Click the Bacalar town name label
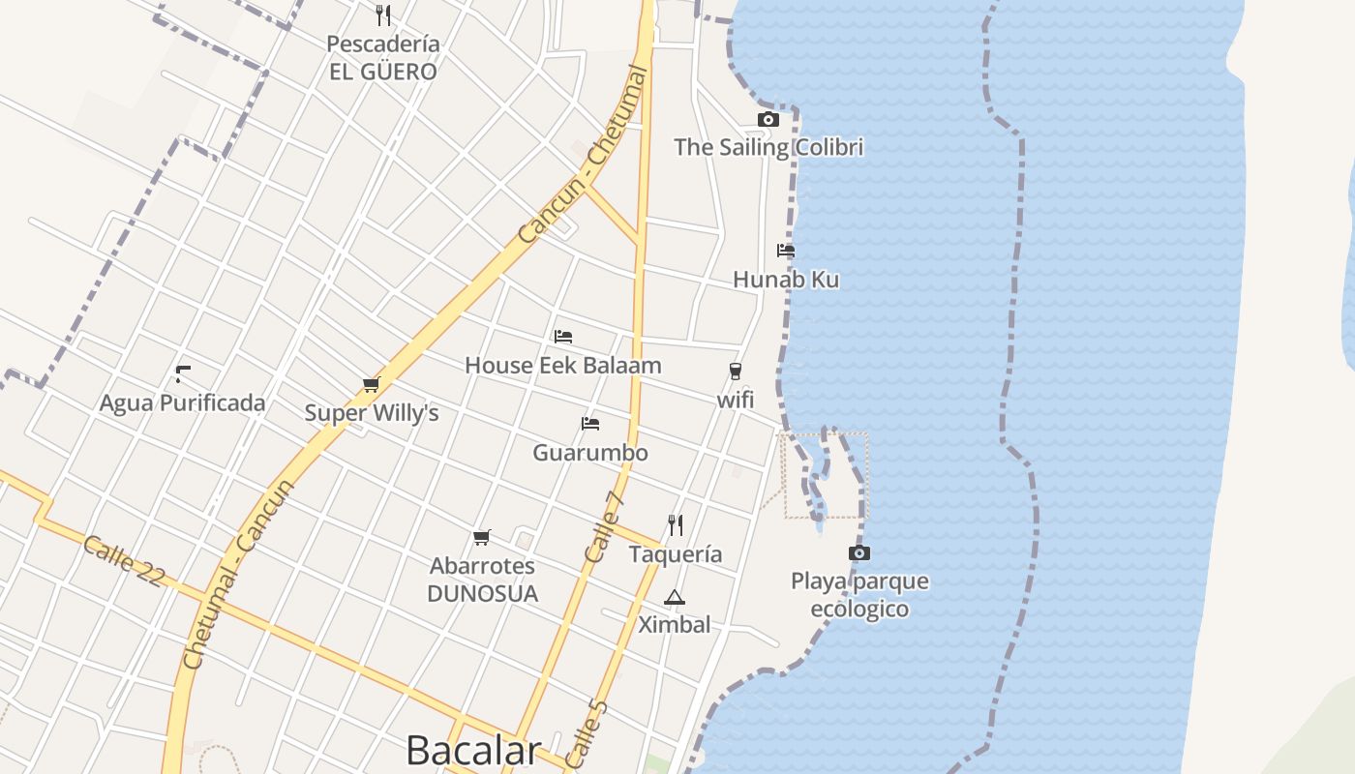[472, 751]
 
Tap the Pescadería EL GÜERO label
[382, 58]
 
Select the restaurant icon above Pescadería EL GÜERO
[383, 15]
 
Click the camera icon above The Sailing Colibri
[768, 120]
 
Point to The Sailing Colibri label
[768, 147]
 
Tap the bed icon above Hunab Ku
[786, 251]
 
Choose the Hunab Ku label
[786, 280]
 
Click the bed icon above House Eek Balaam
[563, 337]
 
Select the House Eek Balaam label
[563, 366]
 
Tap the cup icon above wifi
[736, 372]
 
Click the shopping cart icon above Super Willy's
[371, 385]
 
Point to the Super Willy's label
[372, 413]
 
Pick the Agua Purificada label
[182, 402]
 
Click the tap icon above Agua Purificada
[182, 374]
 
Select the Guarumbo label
[590, 452]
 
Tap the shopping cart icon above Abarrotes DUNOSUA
[482, 537]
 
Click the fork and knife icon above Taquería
[676, 525]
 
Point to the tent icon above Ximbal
[675, 597]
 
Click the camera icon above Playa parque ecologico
[858, 553]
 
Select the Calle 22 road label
[123, 560]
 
